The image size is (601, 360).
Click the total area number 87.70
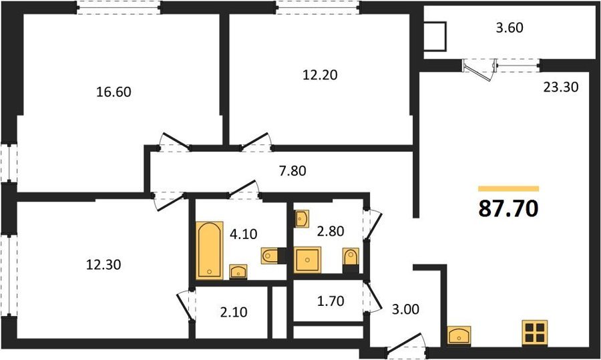coord(509,208)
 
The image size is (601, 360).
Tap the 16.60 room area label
coord(114,92)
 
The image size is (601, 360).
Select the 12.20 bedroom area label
coord(320,75)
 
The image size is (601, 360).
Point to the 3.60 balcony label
coord(510,28)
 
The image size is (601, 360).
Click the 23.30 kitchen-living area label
coord(561,87)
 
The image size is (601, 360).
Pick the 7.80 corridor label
coord(292,170)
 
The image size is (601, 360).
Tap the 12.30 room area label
coord(104,264)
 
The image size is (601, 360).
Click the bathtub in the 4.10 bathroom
coord(209,250)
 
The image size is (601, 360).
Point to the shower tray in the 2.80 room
coord(307,260)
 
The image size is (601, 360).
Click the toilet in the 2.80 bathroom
coord(351,260)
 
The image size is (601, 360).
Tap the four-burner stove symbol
coord(535,332)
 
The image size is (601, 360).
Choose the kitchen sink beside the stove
coord(459,335)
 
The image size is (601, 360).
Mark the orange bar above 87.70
coord(509,188)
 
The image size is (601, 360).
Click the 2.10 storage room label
coord(234,312)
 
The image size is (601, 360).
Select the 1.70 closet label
coord(331,301)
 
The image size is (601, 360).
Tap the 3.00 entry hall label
coord(405,309)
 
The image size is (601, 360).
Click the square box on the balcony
coord(436,37)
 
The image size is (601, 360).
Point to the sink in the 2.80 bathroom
coord(302,219)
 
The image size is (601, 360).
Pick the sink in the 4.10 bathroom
coord(238,272)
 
